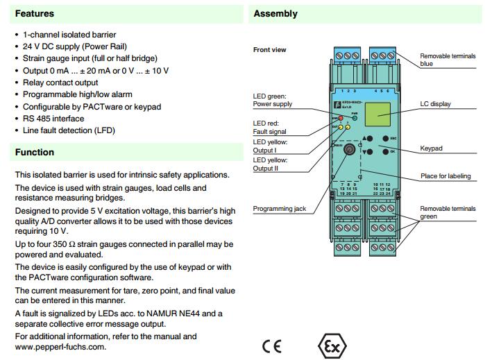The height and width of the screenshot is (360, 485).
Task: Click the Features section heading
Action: (35, 13)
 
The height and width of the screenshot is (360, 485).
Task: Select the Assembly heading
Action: (275, 13)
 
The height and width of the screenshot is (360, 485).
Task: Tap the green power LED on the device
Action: (354, 119)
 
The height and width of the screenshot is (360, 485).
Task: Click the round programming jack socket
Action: (350, 149)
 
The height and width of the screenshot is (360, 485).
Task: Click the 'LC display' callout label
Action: (435, 104)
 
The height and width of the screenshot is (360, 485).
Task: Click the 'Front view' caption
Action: (269, 50)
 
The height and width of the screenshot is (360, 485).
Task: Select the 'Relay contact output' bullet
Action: (60, 83)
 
